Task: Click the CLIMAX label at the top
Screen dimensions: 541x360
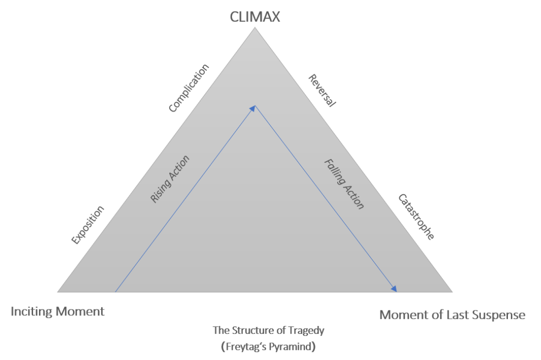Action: click(x=255, y=17)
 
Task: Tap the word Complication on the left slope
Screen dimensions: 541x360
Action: click(x=189, y=88)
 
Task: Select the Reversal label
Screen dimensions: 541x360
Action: click(x=322, y=90)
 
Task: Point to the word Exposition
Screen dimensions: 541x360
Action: click(x=88, y=225)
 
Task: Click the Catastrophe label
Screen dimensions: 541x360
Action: click(x=416, y=217)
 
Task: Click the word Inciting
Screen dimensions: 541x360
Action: click(x=32, y=312)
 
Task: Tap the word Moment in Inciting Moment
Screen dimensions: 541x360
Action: click(x=80, y=311)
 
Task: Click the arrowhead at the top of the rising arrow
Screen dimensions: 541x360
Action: click(x=253, y=108)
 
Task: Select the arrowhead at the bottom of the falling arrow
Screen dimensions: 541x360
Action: click(x=394, y=288)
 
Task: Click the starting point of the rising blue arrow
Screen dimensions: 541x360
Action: click(x=115, y=292)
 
